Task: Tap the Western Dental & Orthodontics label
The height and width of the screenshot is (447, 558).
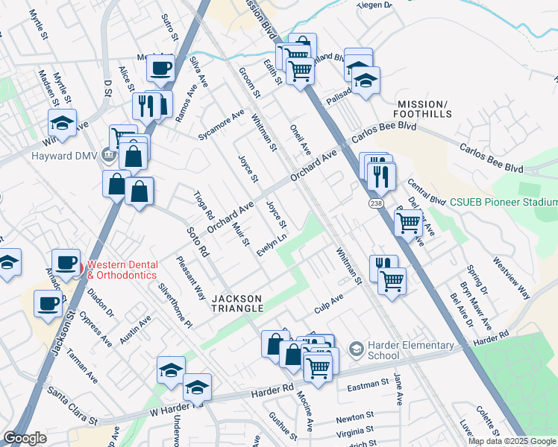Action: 122,269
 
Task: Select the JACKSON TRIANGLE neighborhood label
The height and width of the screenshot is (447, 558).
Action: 238,302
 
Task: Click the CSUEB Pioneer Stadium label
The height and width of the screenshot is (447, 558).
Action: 504,202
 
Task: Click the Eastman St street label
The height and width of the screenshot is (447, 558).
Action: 369,385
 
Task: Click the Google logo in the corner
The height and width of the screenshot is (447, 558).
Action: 25,438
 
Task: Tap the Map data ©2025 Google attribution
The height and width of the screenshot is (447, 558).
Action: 511,441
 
